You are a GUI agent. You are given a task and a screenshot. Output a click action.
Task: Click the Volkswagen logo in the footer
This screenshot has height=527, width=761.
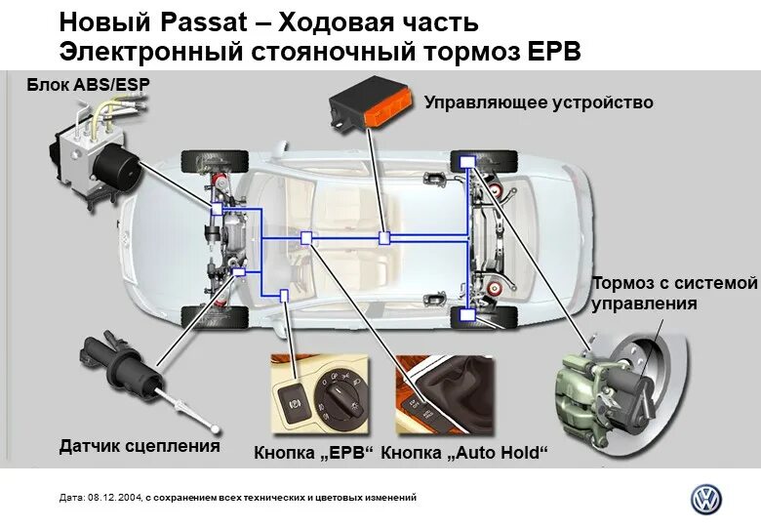tap(706, 499)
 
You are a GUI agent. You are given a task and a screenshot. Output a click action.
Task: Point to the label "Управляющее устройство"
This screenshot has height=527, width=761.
tap(539, 102)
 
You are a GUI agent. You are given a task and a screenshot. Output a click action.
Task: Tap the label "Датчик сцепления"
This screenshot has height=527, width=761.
tap(140, 446)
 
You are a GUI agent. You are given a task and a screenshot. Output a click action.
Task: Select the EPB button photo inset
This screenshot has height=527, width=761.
tap(322, 395)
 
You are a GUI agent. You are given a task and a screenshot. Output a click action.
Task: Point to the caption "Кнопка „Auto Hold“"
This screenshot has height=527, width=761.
tap(464, 453)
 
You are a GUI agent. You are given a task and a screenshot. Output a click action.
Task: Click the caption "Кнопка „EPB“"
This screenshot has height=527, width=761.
tap(314, 453)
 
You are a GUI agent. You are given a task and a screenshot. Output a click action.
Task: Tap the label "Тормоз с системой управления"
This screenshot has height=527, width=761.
tap(674, 293)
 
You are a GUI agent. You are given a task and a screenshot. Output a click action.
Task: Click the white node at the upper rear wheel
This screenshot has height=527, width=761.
tap(467, 161)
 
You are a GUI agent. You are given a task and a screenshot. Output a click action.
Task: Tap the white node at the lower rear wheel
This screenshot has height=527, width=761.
tap(467, 315)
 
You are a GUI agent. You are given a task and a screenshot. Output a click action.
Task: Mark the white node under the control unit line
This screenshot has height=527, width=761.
tap(385, 237)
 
